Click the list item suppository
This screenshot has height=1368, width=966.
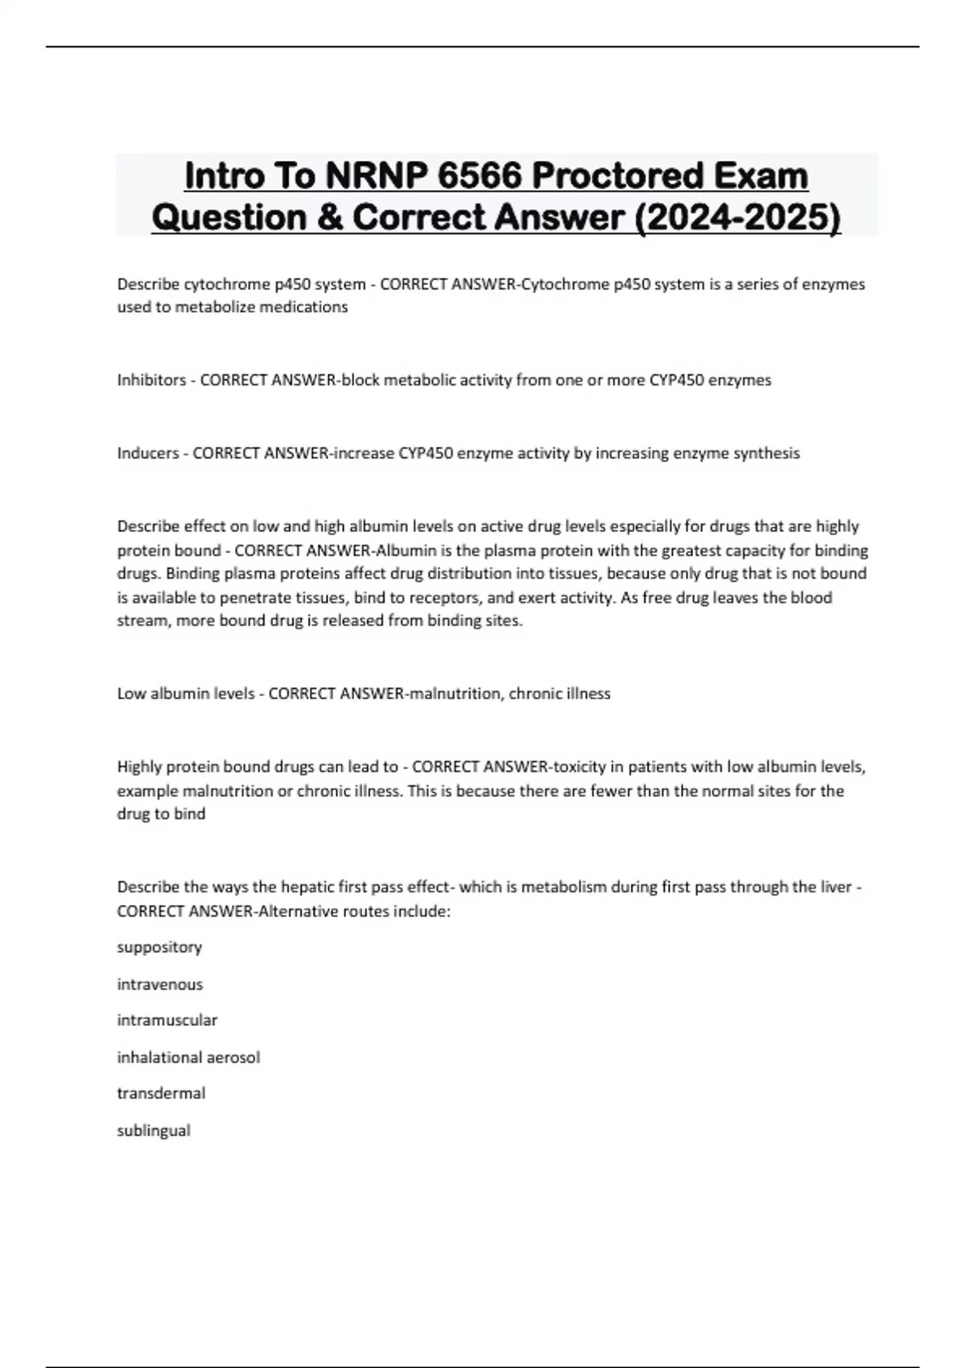coord(159,947)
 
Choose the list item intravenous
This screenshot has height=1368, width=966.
coord(159,984)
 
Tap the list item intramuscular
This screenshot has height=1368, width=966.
coord(167,1020)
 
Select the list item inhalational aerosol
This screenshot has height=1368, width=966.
coord(188,1057)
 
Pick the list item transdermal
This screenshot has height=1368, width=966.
coord(161,1094)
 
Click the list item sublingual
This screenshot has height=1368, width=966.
coord(154,1131)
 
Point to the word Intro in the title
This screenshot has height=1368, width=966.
coord(222,176)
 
